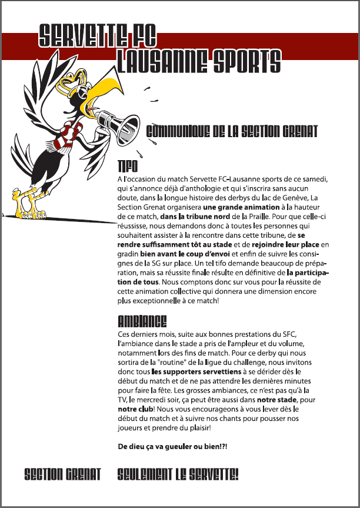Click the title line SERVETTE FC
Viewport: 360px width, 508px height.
click(x=98, y=36)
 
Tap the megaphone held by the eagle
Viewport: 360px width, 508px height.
click(x=117, y=118)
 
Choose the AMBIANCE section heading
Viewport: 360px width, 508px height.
click(x=142, y=321)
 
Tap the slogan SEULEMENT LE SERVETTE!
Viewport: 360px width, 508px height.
click(x=178, y=474)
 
